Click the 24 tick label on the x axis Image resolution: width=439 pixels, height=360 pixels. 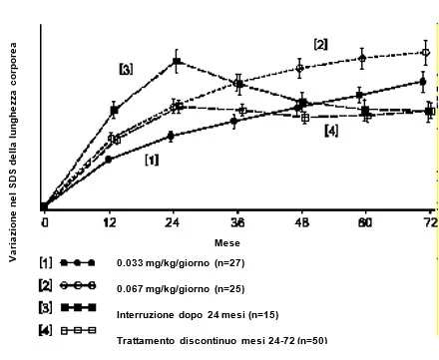pyautogui.click(x=173, y=222)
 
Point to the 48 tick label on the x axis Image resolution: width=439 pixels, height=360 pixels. pyautogui.click(x=302, y=222)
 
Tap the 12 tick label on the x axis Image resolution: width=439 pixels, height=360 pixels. pyautogui.click(x=110, y=222)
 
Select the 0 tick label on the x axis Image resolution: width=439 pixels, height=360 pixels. pyautogui.click(x=45, y=222)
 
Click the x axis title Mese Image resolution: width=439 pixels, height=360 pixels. pyautogui.click(x=227, y=243)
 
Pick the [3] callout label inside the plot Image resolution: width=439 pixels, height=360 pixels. pyautogui.click(x=126, y=69)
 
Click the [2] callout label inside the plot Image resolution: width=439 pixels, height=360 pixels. pyautogui.click(x=320, y=44)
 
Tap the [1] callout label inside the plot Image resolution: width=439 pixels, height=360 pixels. pyautogui.click(x=152, y=160)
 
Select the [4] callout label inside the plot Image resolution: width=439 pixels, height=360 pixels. pyautogui.click(x=331, y=131)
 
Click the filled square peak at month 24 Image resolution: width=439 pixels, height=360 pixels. pyautogui.click(x=177, y=61)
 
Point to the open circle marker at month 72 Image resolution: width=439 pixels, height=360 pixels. pyautogui.click(x=425, y=53)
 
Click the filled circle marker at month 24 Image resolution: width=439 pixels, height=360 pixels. pyautogui.click(x=171, y=136)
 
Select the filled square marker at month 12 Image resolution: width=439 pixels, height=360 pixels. pyautogui.click(x=114, y=110)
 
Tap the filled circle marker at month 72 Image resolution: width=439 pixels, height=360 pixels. pyautogui.click(x=423, y=82)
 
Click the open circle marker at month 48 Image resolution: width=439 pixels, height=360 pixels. pyautogui.click(x=299, y=69)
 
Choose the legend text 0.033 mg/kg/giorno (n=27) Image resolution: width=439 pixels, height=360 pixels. pyautogui.click(x=181, y=263)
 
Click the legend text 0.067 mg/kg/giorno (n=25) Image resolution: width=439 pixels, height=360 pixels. pyautogui.click(x=181, y=289)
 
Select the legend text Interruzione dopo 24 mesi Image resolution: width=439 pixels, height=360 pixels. pyautogui.click(x=182, y=314)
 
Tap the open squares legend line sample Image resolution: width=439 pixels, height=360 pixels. pyautogui.click(x=79, y=330)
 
